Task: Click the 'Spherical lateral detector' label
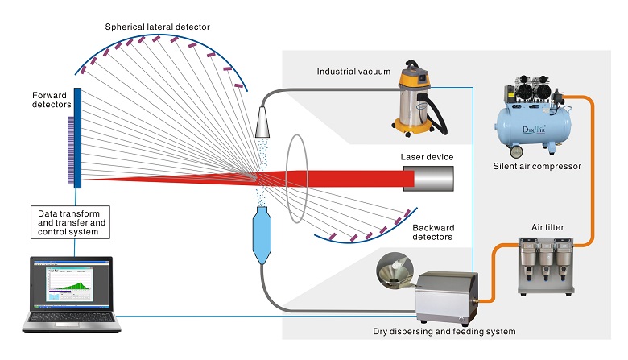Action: (158, 27)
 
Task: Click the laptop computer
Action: (72, 295)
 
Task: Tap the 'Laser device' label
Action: (427, 156)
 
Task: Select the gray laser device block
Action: (428, 177)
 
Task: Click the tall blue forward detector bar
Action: (77, 137)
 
